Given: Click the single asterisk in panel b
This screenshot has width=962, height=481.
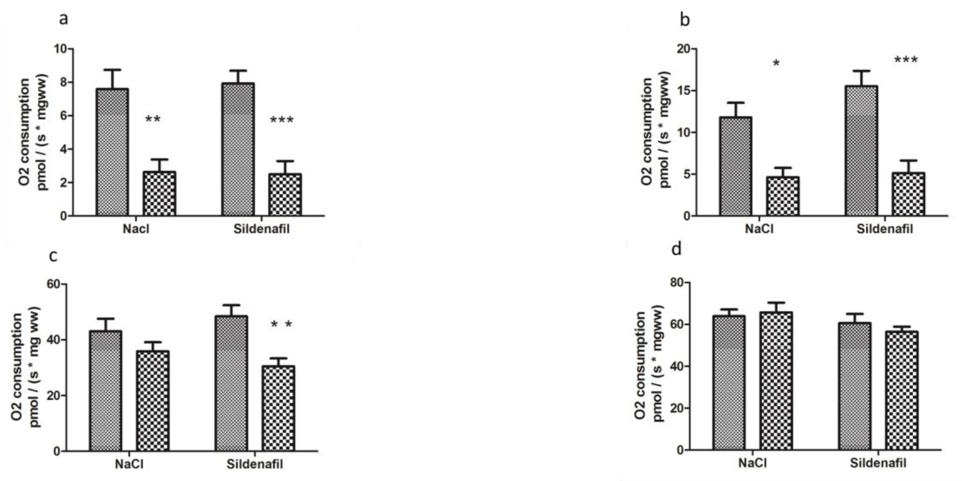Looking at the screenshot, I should click(x=776, y=64).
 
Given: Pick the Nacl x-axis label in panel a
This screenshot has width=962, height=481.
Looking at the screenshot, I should click(x=136, y=229).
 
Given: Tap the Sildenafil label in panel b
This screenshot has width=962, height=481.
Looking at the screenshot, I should click(x=884, y=229).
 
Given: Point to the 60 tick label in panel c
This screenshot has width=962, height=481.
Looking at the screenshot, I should click(x=53, y=284).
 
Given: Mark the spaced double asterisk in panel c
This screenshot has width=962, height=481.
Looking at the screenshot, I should click(x=281, y=325).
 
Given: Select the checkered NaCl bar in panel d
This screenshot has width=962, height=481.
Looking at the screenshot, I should click(x=776, y=381).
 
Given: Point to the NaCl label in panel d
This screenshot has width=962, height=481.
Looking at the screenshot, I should click(x=752, y=463).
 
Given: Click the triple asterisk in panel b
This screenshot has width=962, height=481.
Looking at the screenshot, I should click(x=906, y=60).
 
